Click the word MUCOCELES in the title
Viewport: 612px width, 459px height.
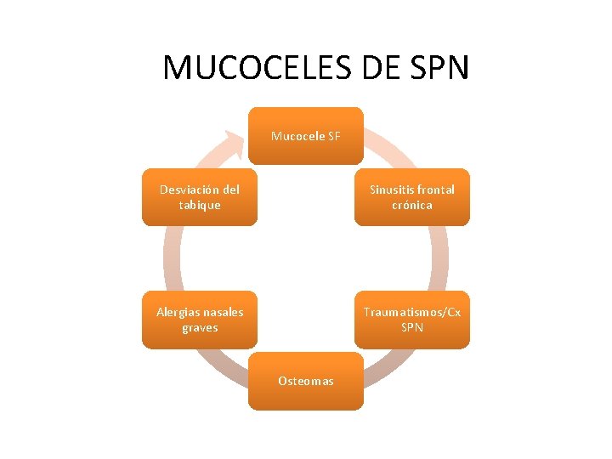pyautogui.click(x=258, y=67)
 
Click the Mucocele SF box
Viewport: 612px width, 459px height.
pyautogui.click(x=306, y=135)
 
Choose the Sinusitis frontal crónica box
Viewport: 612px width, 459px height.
pyautogui.click(x=411, y=197)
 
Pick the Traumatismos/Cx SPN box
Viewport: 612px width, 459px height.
pyautogui.click(x=411, y=320)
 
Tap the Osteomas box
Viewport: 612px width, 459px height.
pyautogui.click(x=306, y=381)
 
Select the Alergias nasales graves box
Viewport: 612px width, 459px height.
pyautogui.click(x=200, y=320)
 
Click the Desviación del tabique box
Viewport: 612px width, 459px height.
pyautogui.click(x=200, y=197)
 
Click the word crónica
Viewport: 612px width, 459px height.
pyautogui.click(x=412, y=205)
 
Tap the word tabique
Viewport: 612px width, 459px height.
pyautogui.click(x=200, y=205)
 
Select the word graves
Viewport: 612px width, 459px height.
pyautogui.click(x=200, y=327)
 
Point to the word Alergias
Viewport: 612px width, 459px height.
pyautogui.click(x=176, y=312)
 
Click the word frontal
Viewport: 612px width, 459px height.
pyautogui.click(x=435, y=190)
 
